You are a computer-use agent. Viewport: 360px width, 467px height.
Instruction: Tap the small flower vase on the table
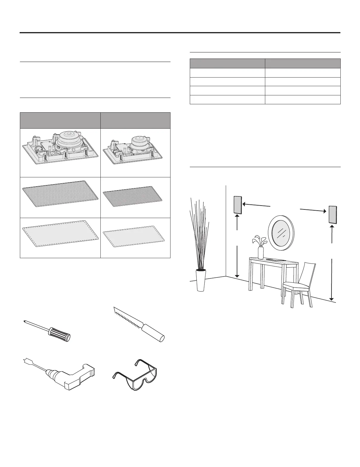click(x=260, y=252)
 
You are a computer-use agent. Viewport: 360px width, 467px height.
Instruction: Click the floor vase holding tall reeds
click(x=201, y=280)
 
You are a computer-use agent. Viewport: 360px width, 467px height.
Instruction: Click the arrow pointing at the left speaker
click(x=256, y=205)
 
